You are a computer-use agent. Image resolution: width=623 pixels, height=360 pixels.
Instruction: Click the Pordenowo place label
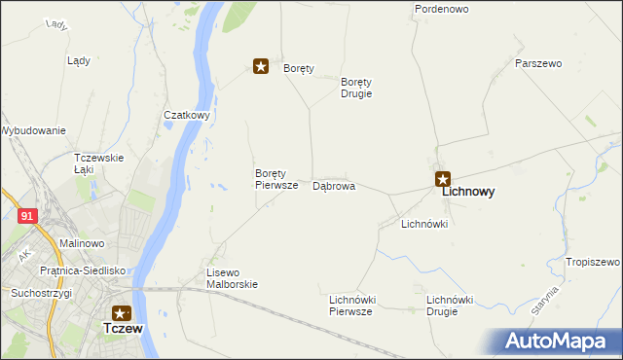442,9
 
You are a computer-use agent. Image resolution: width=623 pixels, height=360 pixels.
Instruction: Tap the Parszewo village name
538,63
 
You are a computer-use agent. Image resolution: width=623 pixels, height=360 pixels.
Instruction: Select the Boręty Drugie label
356,89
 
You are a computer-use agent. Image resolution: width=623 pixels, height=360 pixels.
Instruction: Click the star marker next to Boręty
261,66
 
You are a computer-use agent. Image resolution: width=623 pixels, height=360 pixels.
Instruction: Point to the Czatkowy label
188,115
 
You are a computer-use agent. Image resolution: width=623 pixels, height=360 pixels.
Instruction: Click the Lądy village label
79,60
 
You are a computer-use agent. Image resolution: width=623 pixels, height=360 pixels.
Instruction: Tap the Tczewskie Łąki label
98,163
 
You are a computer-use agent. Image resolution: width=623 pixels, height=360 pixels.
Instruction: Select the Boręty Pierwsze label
275,179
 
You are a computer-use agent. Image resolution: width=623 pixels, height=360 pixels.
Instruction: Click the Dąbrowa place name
333,185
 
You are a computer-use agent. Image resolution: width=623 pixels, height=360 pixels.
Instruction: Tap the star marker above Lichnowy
443,178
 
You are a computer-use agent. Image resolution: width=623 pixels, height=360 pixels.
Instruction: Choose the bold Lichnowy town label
468,193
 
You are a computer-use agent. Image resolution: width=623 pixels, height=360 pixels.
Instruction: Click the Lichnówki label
424,224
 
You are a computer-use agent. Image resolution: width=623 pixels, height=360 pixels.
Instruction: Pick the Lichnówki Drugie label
449,306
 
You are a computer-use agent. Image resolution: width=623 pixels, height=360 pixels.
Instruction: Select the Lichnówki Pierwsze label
352,306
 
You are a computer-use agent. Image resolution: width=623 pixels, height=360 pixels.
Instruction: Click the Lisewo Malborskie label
232,278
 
